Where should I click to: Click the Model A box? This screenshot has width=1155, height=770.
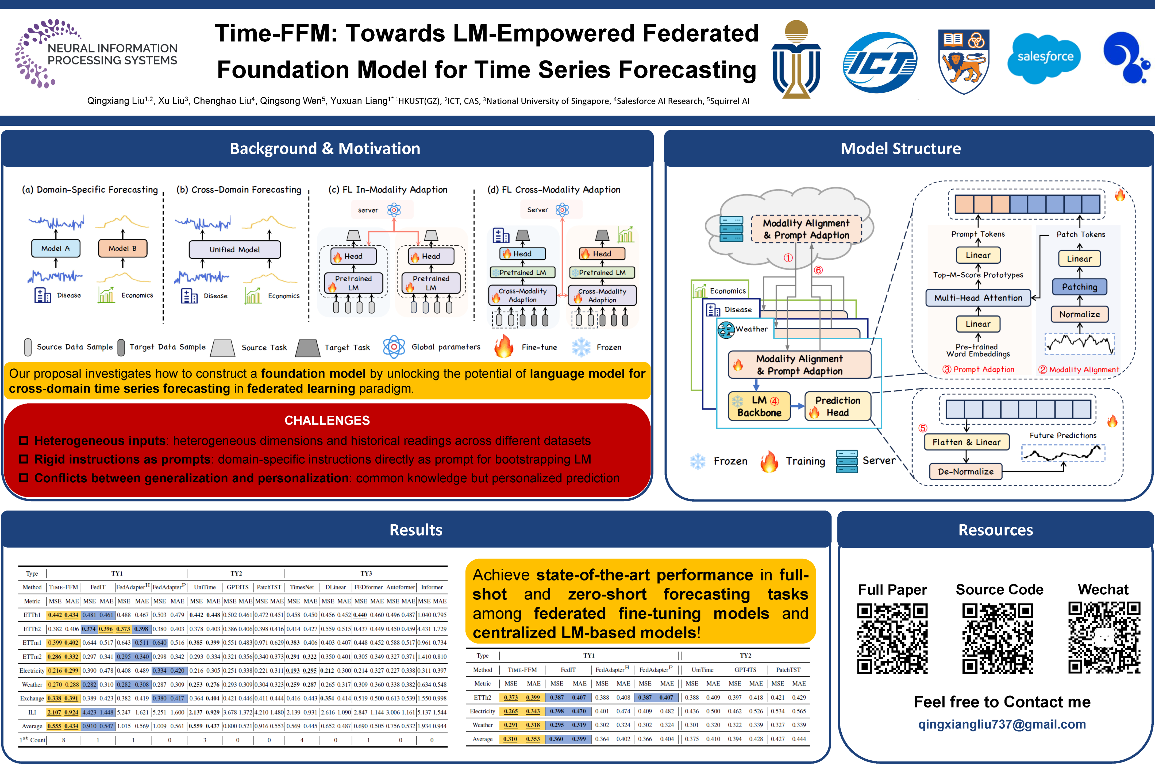[56, 248]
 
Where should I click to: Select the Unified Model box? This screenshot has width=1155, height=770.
[235, 249]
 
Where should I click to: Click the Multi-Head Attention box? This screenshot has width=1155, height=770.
[978, 298]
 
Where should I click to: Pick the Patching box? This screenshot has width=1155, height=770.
[1079, 287]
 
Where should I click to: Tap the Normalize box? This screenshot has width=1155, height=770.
[1079, 314]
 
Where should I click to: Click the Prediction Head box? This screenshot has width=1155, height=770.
[837, 406]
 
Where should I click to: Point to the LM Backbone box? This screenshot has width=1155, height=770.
[759, 406]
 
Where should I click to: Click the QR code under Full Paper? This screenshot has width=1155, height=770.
[892, 638]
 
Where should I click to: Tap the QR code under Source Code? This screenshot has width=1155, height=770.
[998, 638]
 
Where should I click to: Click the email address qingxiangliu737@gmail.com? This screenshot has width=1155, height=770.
[1002, 724]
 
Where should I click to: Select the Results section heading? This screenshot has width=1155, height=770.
[415, 530]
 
